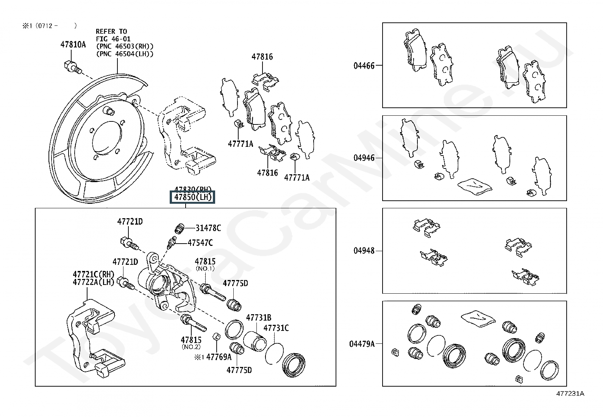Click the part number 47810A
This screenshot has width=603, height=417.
click(x=73, y=45)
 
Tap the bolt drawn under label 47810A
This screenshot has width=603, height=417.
click(x=72, y=67)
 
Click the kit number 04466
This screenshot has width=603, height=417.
click(x=364, y=66)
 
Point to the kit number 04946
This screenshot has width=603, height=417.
click(x=364, y=158)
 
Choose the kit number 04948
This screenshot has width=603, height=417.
click(x=364, y=250)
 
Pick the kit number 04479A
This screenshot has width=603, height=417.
click(x=362, y=344)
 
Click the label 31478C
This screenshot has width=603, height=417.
click(x=208, y=228)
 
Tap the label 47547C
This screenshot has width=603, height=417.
click(x=200, y=243)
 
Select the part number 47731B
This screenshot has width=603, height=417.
click(x=259, y=318)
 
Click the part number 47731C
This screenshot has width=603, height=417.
click(x=276, y=328)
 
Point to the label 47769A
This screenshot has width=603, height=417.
click(x=219, y=357)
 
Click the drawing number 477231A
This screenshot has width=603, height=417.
click(x=570, y=393)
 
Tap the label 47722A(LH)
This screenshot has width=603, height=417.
click(x=93, y=282)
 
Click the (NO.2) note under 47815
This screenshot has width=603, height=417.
click(x=191, y=346)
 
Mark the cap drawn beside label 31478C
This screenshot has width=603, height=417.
click(x=179, y=228)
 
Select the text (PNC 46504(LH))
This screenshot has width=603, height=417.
click(x=125, y=54)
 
